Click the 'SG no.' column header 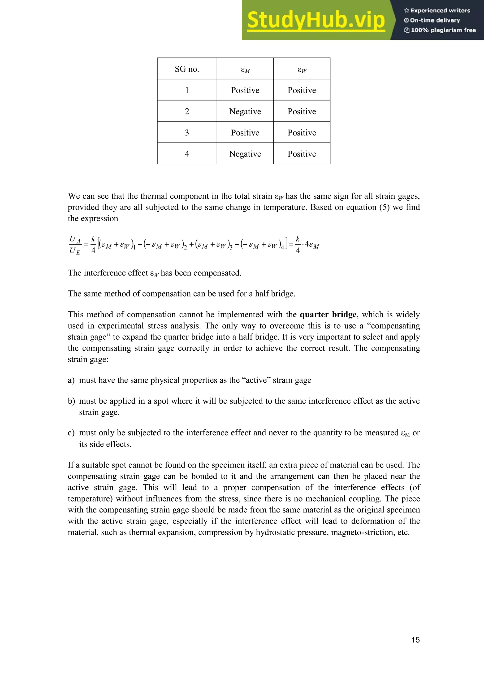pyautogui.click(x=187, y=69)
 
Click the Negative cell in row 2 pyautogui.click(x=245, y=111)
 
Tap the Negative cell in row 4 pyautogui.click(x=245, y=154)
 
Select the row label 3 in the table pyautogui.click(x=187, y=133)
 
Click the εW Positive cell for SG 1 pyautogui.click(x=302, y=90)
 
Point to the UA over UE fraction pyautogui.click(x=75, y=245)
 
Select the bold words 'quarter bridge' pyautogui.click(x=328, y=315)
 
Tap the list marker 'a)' pyautogui.click(x=71, y=380)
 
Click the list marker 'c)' pyautogui.click(x=71, y=433)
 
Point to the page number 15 pyautogui.click(x=415, y=640)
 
